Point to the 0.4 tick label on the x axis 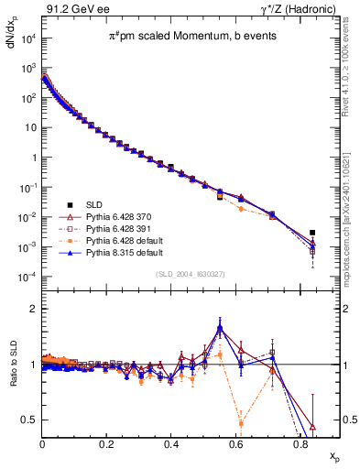pos(171,444)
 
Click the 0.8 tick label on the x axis pos(300,444)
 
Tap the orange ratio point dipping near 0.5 pos(240,422)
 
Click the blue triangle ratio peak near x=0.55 pos(220,327)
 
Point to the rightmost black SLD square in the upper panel pos(312,233)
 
